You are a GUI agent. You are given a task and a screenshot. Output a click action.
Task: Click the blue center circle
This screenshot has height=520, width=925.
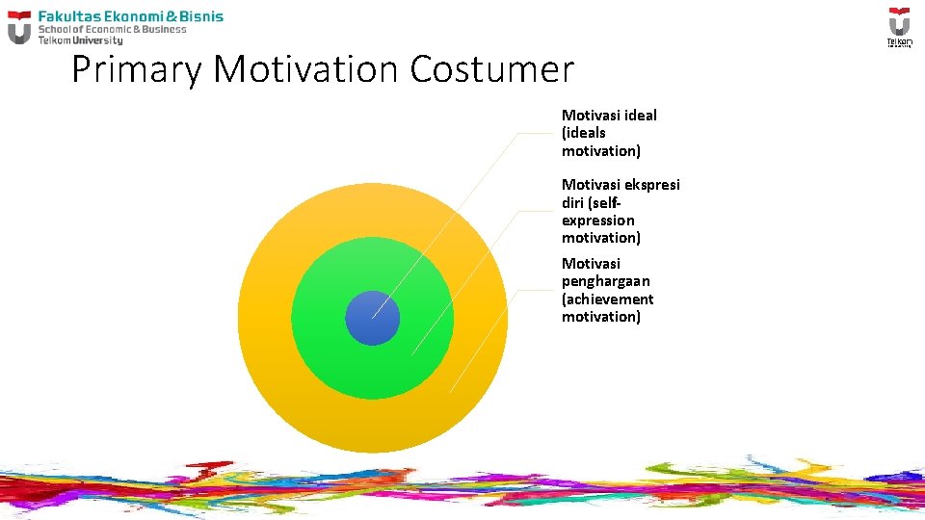(372, 318)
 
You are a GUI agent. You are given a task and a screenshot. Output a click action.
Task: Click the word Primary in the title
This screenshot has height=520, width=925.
(137, 70)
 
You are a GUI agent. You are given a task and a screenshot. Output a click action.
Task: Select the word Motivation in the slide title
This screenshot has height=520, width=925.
(306, 70)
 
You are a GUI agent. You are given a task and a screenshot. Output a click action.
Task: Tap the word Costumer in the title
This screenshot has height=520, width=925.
(491, 70)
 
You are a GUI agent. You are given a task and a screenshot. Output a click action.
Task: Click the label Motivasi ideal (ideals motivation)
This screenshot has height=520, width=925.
(609, 133)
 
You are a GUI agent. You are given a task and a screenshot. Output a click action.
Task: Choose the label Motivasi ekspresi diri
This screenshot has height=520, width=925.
(620, 211)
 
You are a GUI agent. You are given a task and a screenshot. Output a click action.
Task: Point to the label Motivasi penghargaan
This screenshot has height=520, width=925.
(607, 290)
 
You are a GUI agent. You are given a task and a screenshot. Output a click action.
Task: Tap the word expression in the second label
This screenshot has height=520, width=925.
(598, 221)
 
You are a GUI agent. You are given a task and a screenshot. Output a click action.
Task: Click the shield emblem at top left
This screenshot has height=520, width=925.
(19, 28)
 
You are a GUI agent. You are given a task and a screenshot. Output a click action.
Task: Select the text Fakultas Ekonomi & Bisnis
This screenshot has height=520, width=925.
(130, 16)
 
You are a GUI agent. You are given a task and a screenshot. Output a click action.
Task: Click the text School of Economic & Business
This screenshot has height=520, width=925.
(112, 29)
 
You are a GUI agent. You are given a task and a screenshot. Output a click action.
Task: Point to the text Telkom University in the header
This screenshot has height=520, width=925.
(80, 40)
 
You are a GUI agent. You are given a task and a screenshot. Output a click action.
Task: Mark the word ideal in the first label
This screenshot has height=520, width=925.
(640, 116)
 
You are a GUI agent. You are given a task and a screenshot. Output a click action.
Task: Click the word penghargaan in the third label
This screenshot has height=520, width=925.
(606, 281)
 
